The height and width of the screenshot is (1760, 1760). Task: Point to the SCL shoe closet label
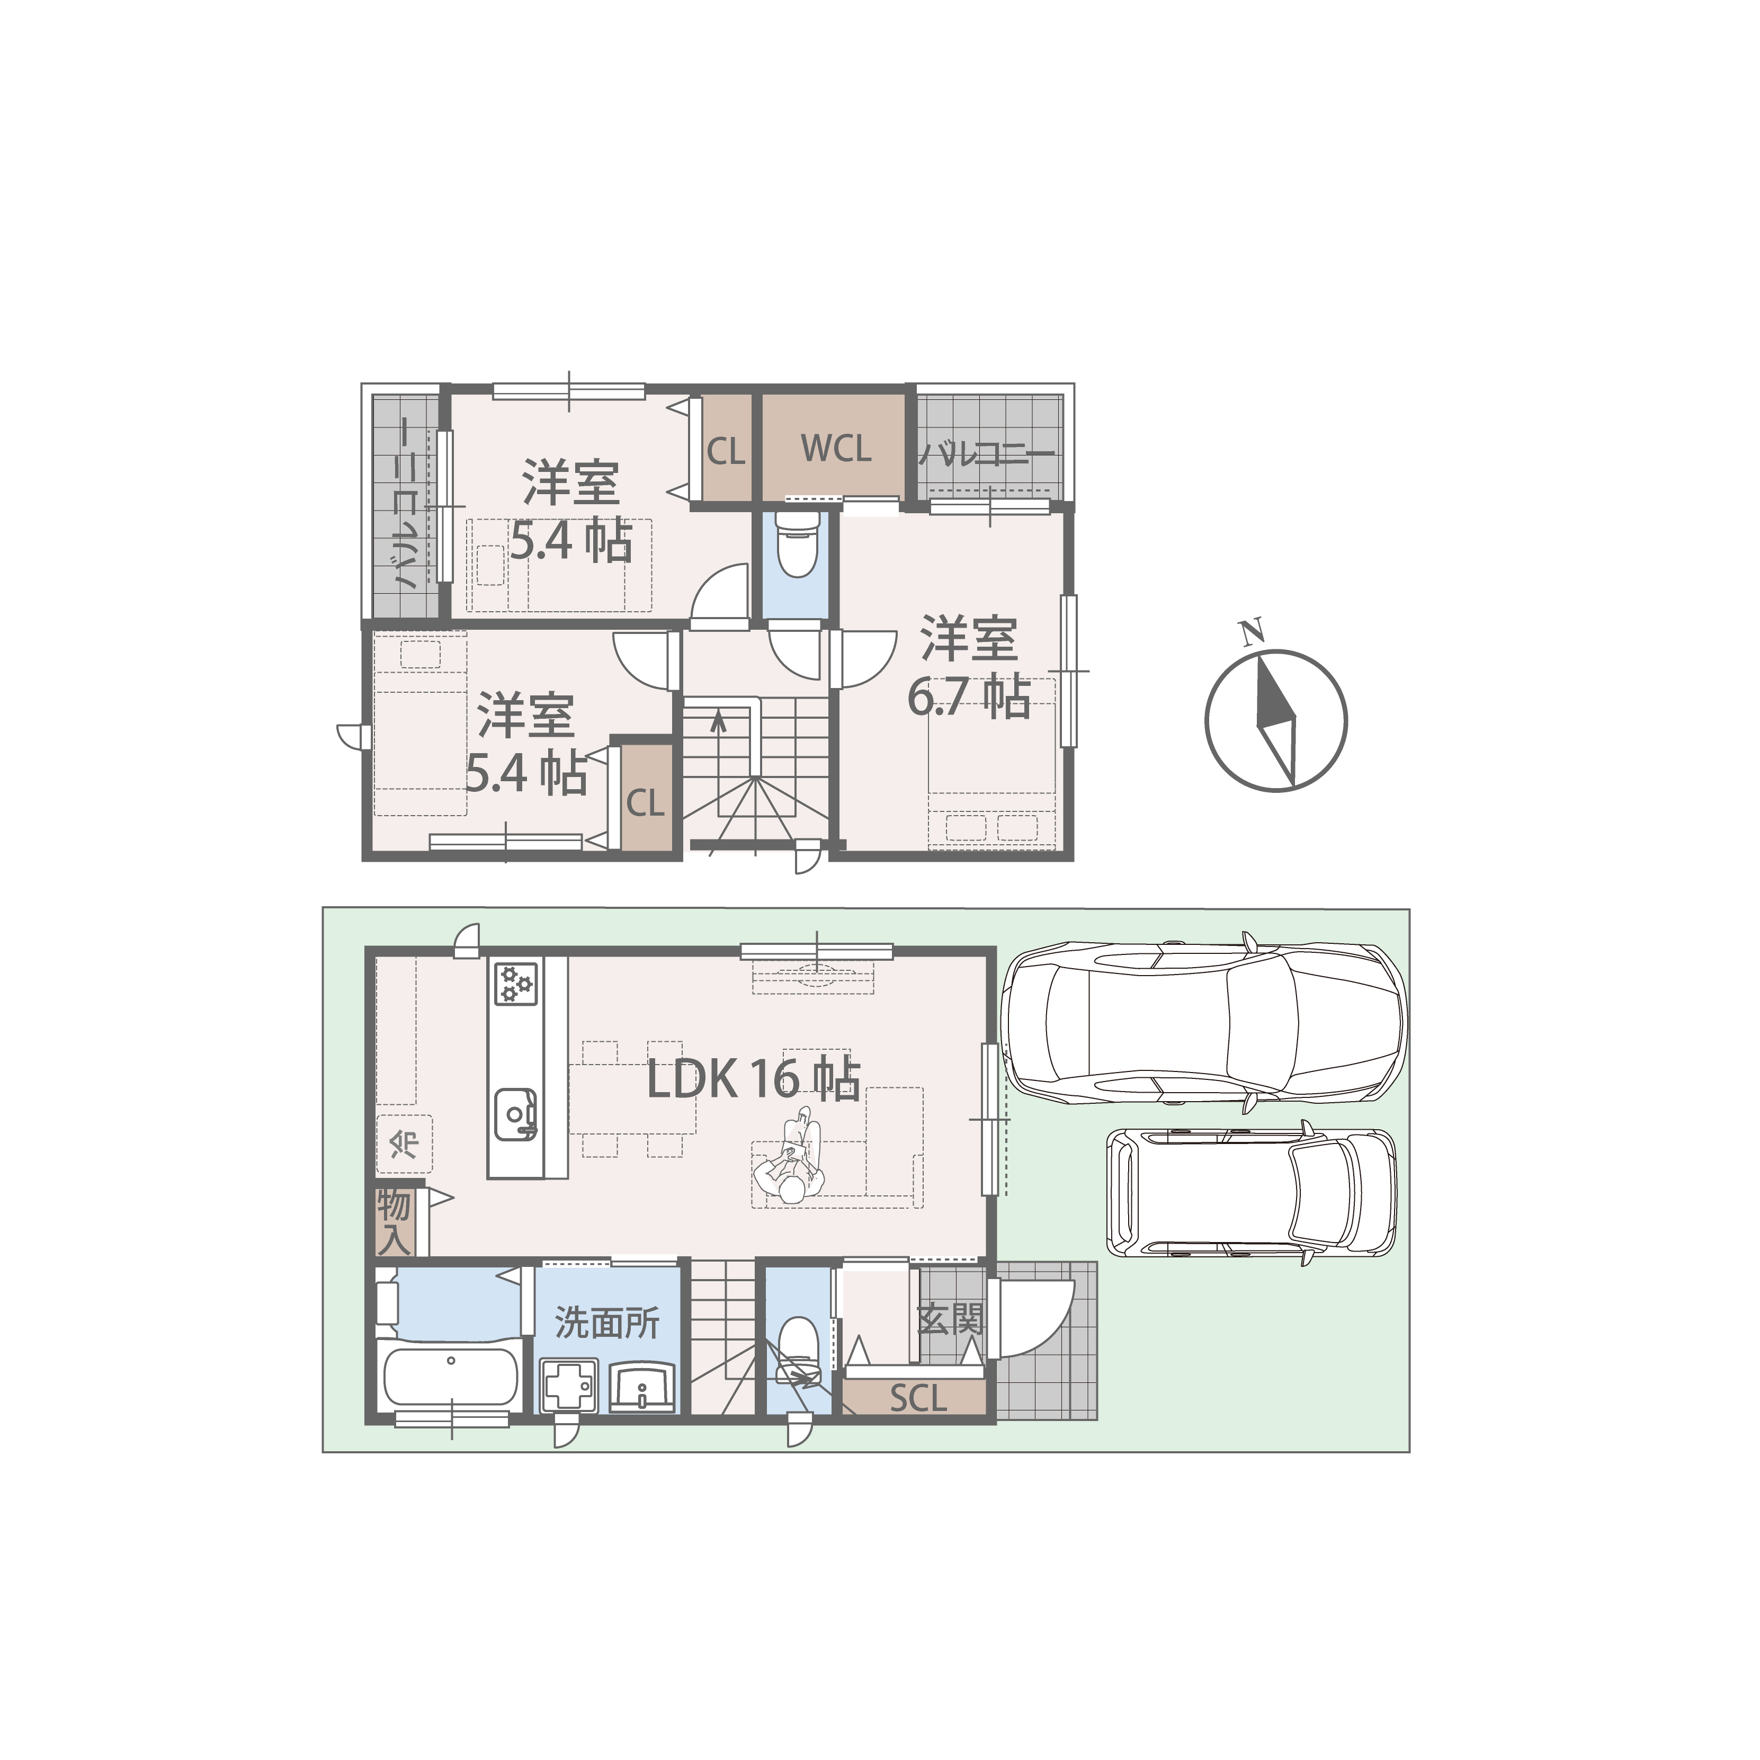[919, 1398]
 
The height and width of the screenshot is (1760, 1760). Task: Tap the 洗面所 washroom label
[607, 1322]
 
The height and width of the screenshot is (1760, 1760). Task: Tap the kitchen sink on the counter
[516, 1117]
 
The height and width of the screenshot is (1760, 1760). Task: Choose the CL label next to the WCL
[726, 451]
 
